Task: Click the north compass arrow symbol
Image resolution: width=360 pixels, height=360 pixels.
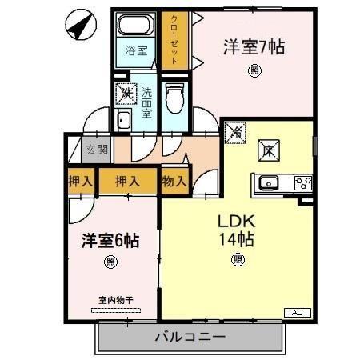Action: click(x=77, y=26)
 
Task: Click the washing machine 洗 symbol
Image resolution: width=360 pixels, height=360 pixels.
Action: click(x=126, y=94)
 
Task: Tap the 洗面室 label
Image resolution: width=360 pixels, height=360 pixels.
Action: click(x=146, y=102)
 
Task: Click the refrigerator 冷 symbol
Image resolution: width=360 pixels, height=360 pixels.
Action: click(x=236, y=132)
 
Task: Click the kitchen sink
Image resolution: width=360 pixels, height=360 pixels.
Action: click(x=269, y=182)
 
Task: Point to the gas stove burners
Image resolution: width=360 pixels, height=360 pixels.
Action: click(x=303, y=182)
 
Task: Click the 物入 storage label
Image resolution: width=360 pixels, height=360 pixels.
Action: click(x=174, y=181)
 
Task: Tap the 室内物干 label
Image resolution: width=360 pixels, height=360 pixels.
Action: click(x=114, y=301)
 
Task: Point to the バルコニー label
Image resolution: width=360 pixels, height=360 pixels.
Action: click(x=192, y=336)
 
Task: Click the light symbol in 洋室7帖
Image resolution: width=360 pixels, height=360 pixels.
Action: click(x=254, y=70)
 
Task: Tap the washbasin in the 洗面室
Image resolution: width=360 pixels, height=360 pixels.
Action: click(x=125, y=122)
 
